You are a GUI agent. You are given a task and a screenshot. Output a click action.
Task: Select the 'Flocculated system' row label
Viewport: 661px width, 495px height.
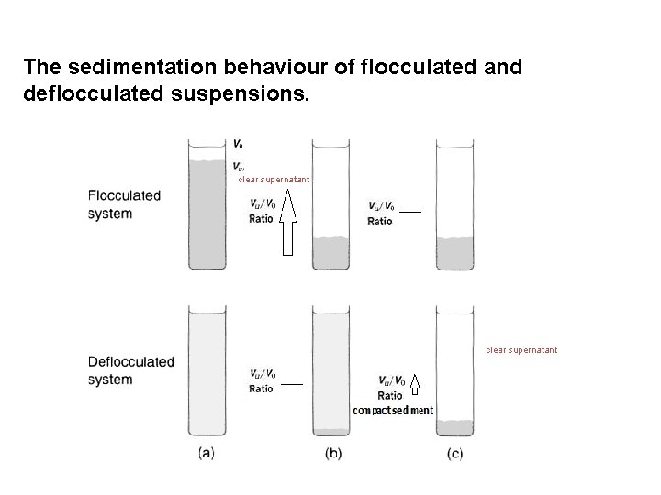coord(124,204)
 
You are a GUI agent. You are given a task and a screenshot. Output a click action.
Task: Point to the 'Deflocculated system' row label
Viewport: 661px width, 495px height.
coord(130,370)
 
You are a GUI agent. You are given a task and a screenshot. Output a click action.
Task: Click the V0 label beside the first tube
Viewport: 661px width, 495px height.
coord(239,144)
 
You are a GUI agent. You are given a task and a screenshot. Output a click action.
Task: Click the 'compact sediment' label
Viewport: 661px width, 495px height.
coord(393,411)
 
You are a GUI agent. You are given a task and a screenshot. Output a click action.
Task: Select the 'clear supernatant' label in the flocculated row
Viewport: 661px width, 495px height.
coord(274,180)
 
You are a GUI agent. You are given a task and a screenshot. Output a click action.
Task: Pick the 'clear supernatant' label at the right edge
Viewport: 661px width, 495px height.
coord(521,349)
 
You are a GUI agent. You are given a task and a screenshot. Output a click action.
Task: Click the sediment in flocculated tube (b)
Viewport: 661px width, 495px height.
coord(331,253)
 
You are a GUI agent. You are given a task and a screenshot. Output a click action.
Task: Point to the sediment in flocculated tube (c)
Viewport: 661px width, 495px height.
coord(455,254)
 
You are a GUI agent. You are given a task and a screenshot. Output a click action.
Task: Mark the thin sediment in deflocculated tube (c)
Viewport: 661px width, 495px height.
coord(455,428)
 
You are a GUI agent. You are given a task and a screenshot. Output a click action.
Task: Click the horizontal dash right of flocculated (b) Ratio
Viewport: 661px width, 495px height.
coord(410,212)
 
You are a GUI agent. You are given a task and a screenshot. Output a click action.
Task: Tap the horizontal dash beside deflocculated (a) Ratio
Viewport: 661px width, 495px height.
coord(291,384)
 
